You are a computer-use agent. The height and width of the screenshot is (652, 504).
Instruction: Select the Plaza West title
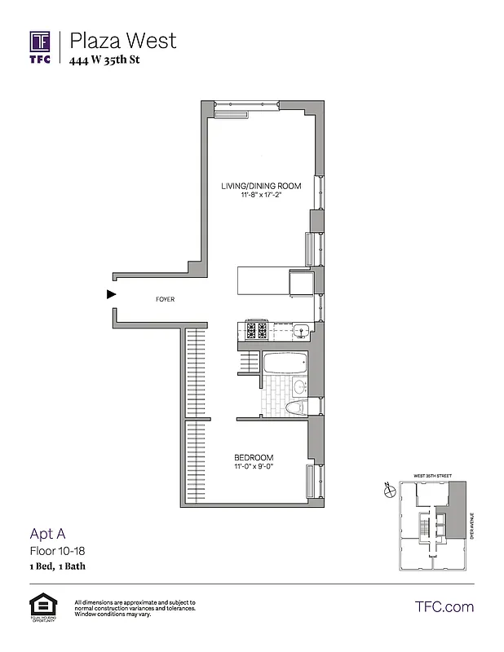click(122, 40)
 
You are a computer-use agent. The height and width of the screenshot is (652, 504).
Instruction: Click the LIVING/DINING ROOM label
click(261, 186)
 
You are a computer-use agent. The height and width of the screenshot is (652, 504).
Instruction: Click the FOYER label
click(165, 299)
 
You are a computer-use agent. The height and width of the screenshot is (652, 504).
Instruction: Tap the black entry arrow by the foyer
click(112, 295)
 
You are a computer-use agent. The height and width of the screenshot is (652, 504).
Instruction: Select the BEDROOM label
click(254, 457)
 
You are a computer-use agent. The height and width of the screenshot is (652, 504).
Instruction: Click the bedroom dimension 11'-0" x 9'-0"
click(254, 468)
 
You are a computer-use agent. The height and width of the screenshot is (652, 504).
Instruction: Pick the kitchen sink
click(300, 331)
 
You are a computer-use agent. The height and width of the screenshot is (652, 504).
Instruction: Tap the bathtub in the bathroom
click(284, 363)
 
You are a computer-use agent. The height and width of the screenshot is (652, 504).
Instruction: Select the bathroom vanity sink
click(298, 385)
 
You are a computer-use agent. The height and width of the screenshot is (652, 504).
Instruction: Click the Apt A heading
click(46, 534)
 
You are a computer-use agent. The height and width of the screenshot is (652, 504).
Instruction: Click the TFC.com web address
click(444, 606)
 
